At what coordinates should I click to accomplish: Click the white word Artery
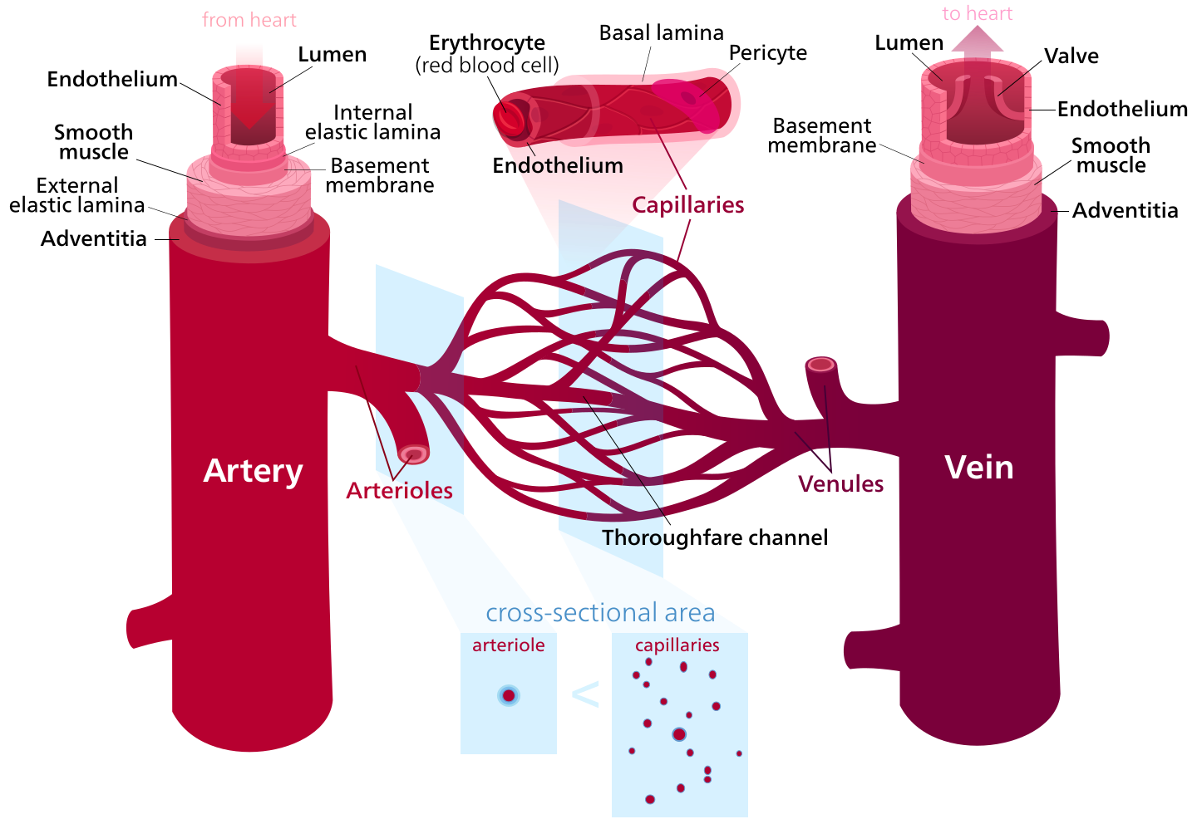(x=253, y=472)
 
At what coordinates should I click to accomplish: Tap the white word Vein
(x=979, y=468)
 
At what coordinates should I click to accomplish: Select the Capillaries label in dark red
(x=687, y=205)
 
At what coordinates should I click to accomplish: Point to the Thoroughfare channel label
(x=715, y=537)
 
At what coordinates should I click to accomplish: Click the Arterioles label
(x=399, y=490)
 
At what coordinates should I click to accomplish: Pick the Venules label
(x=840, y=483)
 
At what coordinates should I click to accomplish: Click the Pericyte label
(x=768, y=53)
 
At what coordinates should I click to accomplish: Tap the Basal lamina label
(x=662, y=32)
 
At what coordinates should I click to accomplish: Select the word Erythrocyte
(x=487, y=42)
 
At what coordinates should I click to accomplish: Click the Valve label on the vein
(x=1071, y=56)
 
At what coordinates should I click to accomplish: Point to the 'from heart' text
(x=249, y=20)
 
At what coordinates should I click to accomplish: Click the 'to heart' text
(x=977, y=13)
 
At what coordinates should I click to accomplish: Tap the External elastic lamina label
(x=77, y=195)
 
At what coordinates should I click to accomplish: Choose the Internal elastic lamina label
(x=372, y=122)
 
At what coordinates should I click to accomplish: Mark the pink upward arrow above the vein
(x=977, y=46)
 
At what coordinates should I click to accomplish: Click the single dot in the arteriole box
(x=508, y=695)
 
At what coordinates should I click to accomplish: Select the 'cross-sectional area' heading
(x=600, y=612)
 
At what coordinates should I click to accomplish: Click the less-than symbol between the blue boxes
(x=585, y=694)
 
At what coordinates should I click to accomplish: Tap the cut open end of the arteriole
(x=413, y=454)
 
